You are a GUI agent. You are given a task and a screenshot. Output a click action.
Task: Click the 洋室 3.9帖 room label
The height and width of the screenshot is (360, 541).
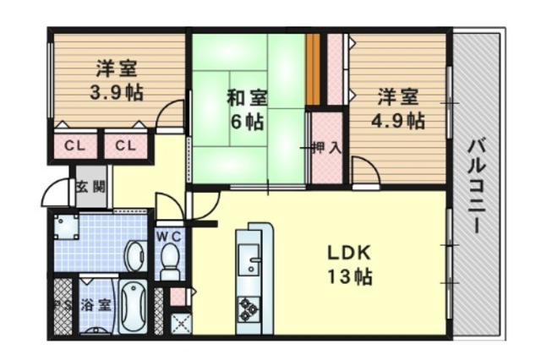(117, 80)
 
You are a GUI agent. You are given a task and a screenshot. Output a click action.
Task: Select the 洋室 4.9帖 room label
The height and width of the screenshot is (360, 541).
(398, 108)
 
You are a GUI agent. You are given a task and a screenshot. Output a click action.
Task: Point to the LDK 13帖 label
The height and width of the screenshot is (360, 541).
(349, 265)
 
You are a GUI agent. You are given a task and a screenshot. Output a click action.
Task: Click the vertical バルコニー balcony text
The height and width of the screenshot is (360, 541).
(477, 186)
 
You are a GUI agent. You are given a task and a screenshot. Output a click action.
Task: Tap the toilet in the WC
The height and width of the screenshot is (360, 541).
(170, 261)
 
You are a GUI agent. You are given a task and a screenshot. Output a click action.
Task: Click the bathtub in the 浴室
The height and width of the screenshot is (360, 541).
(133, 307)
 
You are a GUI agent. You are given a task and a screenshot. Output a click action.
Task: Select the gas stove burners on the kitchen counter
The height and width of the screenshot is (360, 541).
(249, 308)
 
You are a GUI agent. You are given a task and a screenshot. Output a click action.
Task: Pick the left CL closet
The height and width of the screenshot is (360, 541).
(75, 146)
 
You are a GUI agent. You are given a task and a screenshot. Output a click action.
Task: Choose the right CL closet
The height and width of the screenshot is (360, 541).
(126, 146)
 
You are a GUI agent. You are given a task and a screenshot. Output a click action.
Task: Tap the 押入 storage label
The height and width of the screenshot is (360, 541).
(326, 148)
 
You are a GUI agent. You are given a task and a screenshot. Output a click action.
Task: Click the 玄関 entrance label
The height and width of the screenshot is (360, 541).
(90, 188)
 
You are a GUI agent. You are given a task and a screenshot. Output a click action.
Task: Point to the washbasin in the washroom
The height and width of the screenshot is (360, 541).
(135, 256)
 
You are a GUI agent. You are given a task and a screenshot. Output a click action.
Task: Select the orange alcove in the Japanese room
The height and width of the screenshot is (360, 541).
(313, 69)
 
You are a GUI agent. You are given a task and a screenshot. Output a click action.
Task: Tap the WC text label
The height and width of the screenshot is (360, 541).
(169, 237)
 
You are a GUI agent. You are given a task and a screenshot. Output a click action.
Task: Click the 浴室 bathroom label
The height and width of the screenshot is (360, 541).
(96, 306)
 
